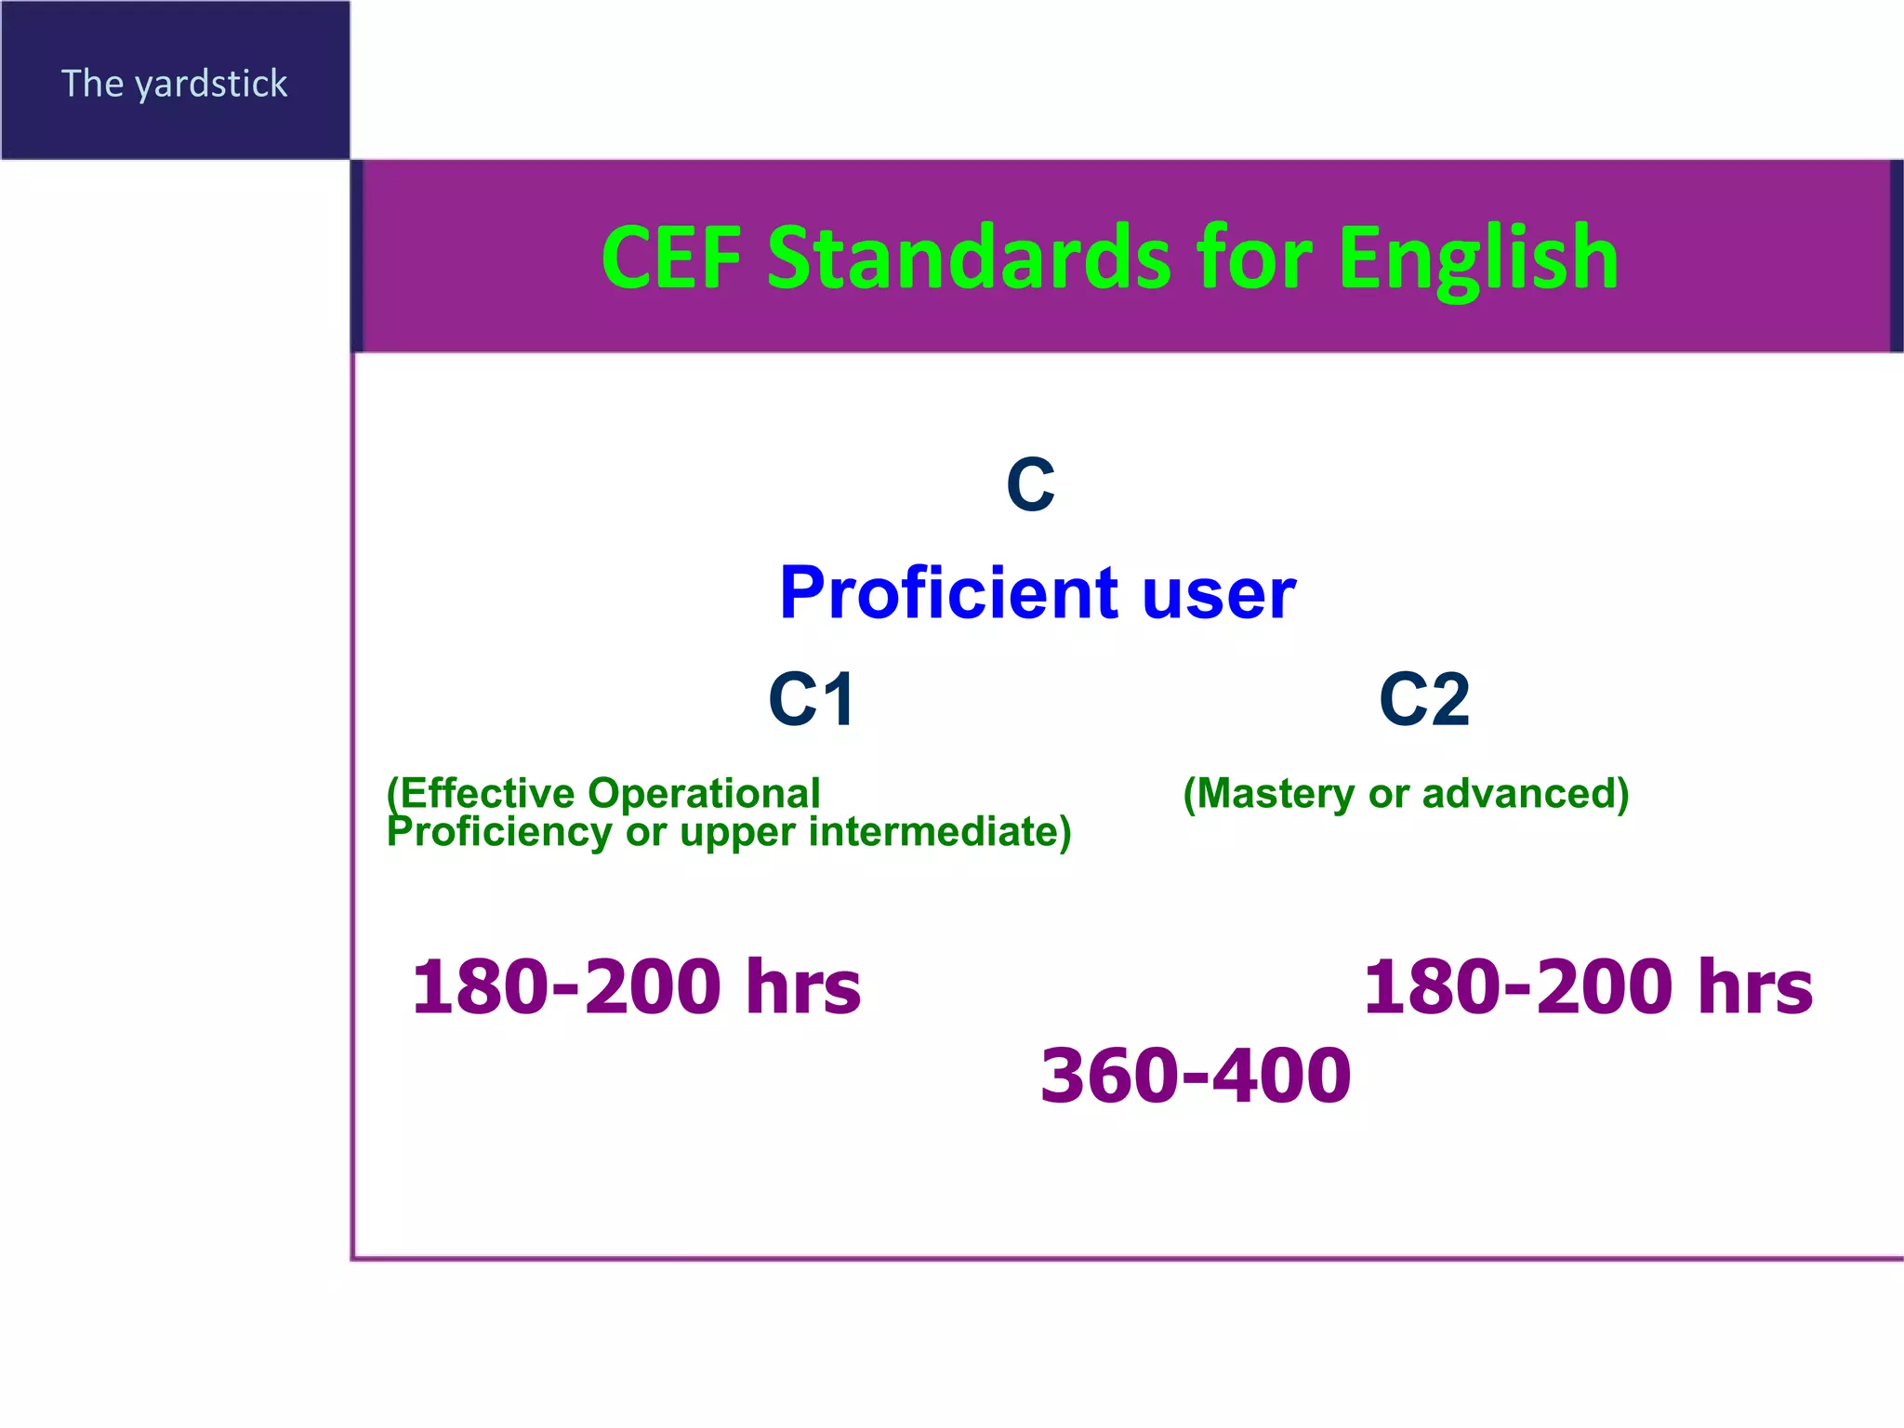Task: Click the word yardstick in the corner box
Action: coord(211,85)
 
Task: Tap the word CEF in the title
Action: coord(671,258)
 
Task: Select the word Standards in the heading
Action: coord(970,258)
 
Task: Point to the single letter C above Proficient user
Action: coord(1030,484)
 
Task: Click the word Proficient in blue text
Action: coord(948,592)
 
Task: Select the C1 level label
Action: coord(811,699)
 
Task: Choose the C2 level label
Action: coord(1424,699)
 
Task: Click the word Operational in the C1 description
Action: coord(704,793)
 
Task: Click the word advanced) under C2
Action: coord(1525,793)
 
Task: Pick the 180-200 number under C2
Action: coord(1517,986)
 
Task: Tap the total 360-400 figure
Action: coord(1195,1076)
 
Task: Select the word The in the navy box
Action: coord(92,84)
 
